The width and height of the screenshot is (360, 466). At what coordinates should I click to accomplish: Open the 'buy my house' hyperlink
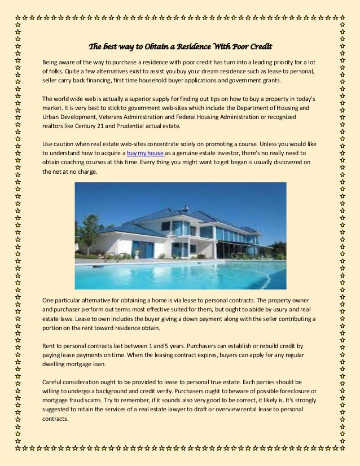(x=146, y=153)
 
